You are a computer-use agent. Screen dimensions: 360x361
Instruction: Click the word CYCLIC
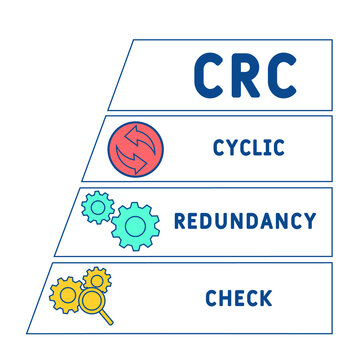[248, 148]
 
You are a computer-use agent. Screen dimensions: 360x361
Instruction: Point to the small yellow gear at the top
[97, 276]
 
